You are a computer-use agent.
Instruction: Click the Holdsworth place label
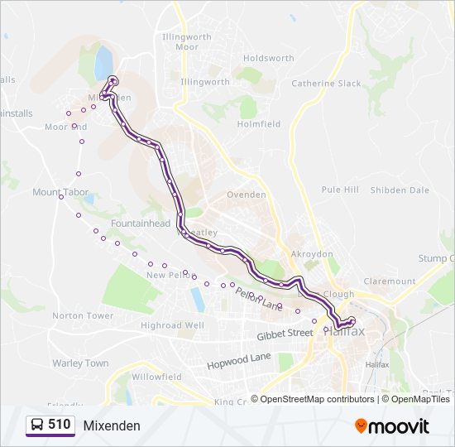point(269,59)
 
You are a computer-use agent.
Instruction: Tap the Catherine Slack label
point(326,84)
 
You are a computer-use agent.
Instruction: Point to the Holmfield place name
point(259,124)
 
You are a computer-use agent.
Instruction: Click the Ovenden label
point(247,195)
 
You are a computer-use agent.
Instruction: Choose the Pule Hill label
point(340,190)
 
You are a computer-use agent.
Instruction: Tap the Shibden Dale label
point(400,190)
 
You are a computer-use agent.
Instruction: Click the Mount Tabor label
point(60,192)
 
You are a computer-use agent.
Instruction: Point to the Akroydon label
point(312,254)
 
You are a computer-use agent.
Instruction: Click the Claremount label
point(389,281)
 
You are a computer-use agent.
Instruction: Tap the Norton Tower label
point(83,316)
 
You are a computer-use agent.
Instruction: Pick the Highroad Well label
point(172,326)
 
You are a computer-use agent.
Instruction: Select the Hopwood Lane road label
point(239,357)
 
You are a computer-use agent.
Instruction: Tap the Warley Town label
point(80,363)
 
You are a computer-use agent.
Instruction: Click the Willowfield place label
point(156,377)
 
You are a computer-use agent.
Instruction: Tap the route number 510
point(60,425)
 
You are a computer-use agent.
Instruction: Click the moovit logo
point(392,425)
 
